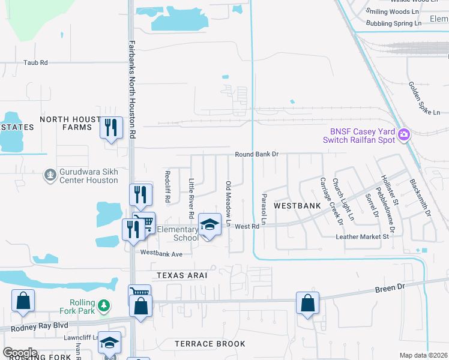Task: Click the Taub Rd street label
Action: pyautogui.click(x=35, y=62)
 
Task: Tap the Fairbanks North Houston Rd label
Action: pyautogui.click(x=133, y=90)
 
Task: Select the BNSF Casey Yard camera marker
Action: pyautogui.click(x=405, y=133)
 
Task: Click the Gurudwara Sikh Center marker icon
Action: pyautogui.click(x=50, y=175)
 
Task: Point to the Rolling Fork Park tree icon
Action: pyautogui.click(x=104, y=306)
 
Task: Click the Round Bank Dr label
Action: pyautogui.click(x=257, y=154)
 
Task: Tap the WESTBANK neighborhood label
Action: pyautogui.click(x=297, y=205)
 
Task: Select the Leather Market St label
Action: pyautogui.click(x=363, y=237)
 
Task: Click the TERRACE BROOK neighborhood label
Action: pyautogui.click(x=210, y=344)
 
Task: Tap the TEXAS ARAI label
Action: pyautogui.click(x=182, y=275)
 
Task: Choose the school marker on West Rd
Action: pyautogui.click(x=209, y=225)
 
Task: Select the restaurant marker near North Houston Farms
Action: pyautogui.click(x=111, y=127)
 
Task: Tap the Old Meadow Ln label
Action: pyautogui.click(x=228, y=204)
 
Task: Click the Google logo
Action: pyautogui.click(x=20, y=353)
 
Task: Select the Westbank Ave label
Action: pyautogui.click(x=161, y=254)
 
